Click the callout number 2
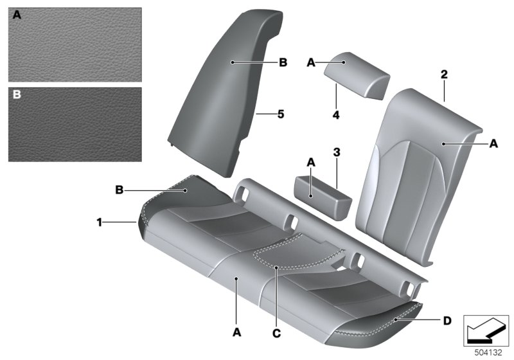[x=443, y=75]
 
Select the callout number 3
[x=336, y=152]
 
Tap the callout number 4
[x=336, y=116]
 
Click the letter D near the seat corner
[x=447, y=319]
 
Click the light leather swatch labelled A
[x=75, y=44]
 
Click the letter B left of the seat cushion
[x=119, y=190]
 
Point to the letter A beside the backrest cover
[x=493, y=145]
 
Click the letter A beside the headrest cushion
[x=311, y=62]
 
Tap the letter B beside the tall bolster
[x=282, y=63]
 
